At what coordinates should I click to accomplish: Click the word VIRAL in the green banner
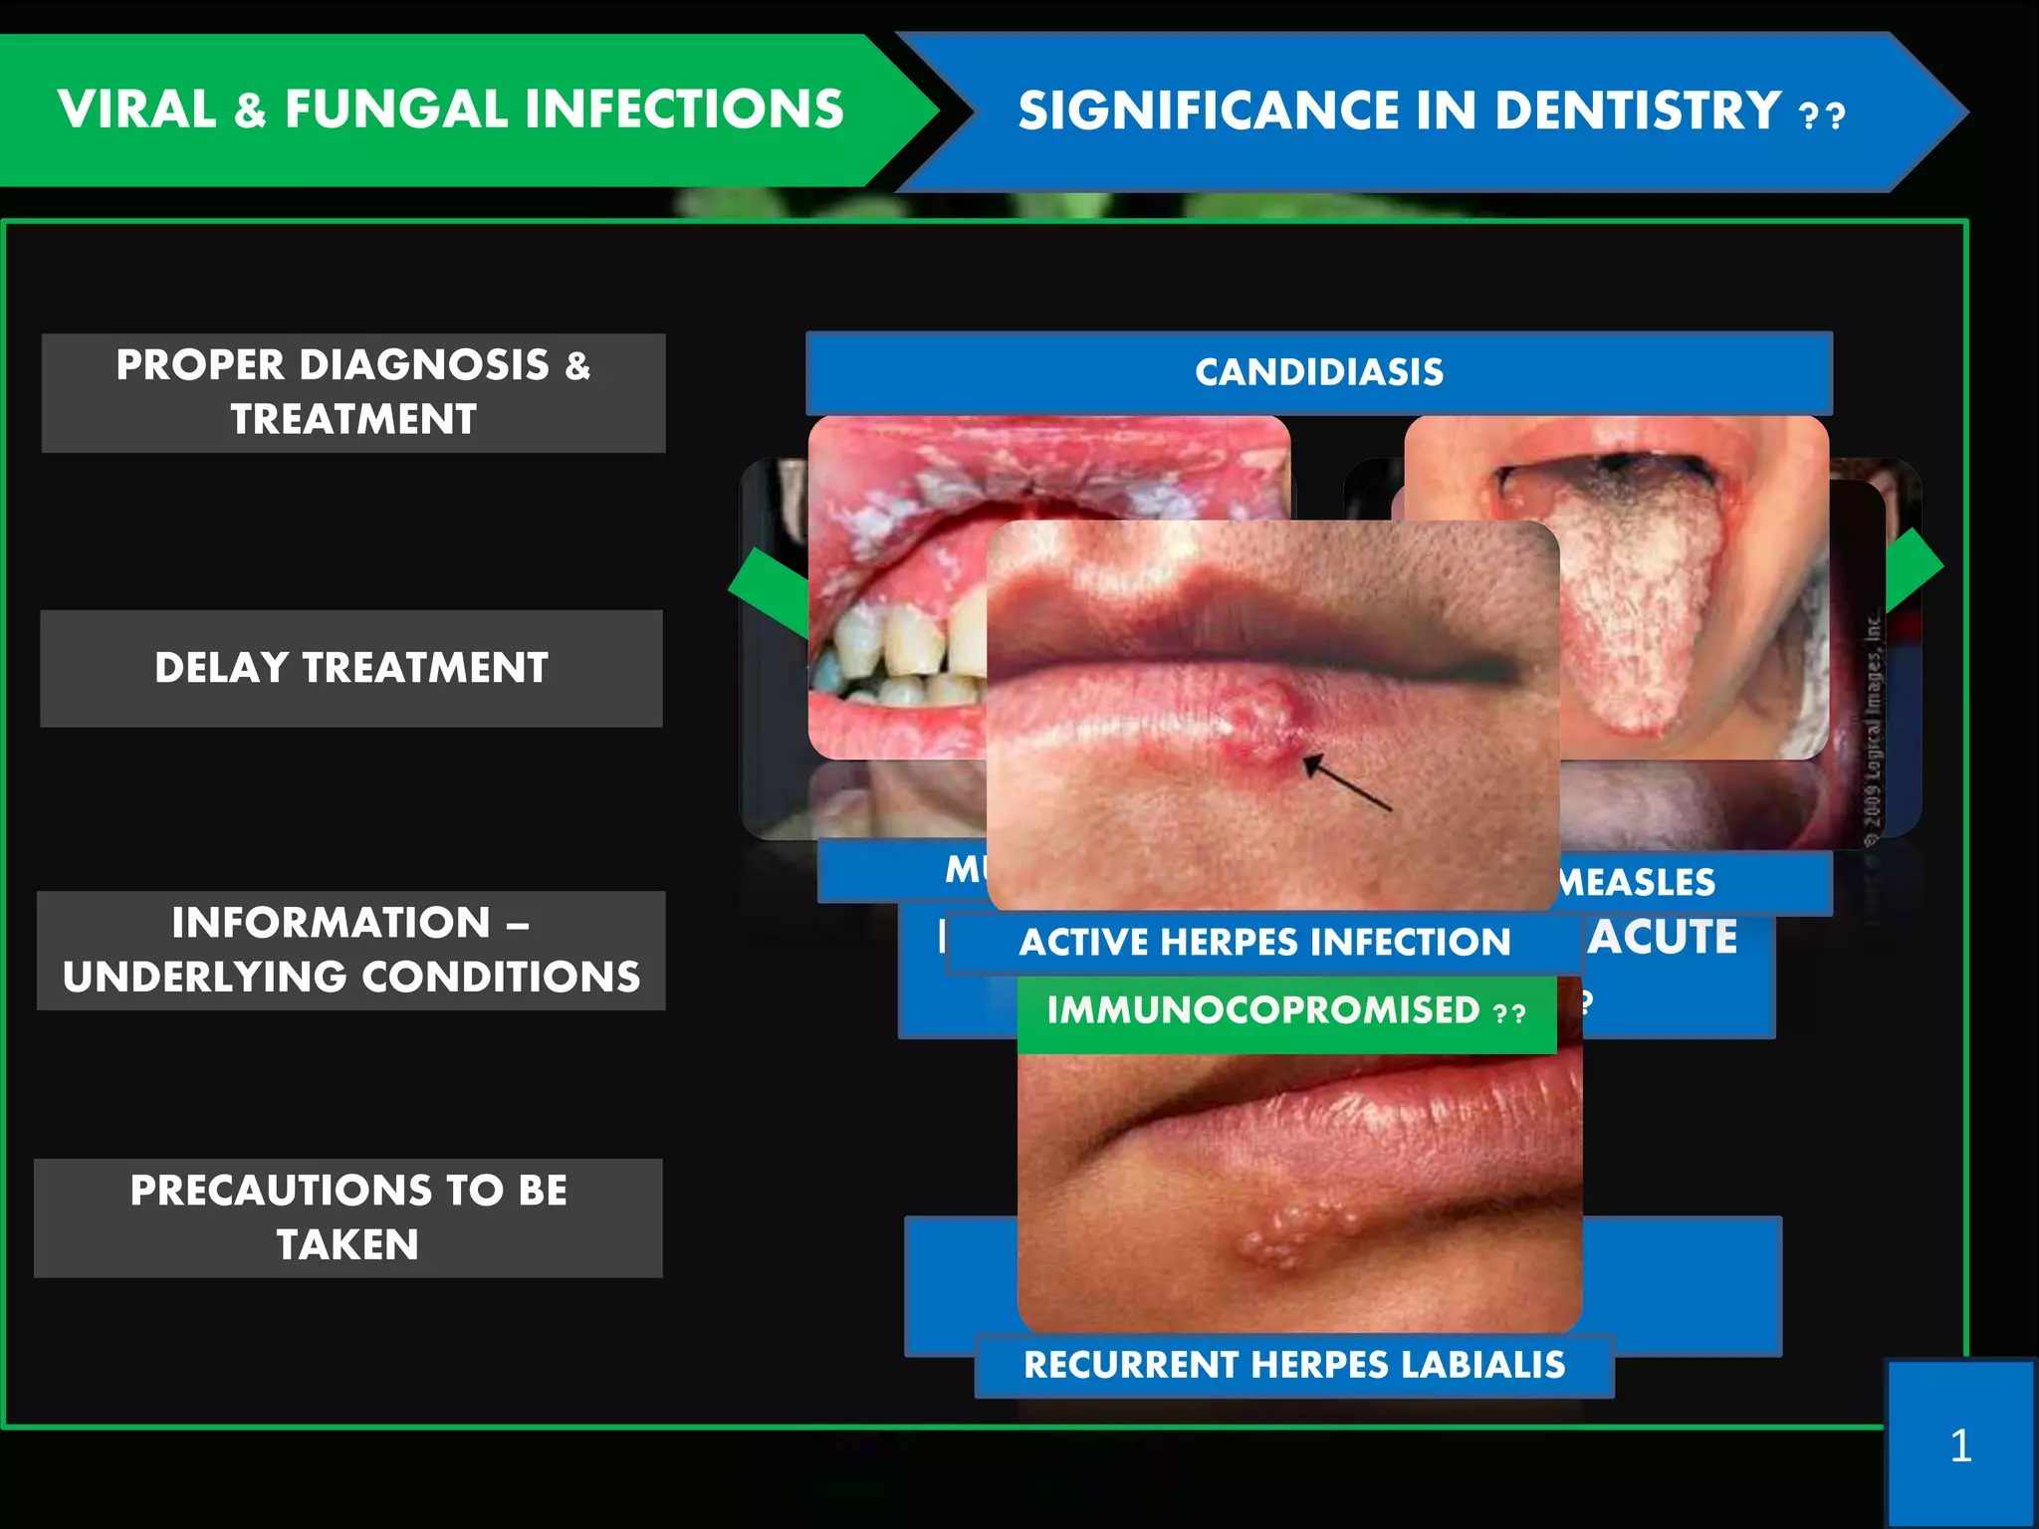click(137, 109)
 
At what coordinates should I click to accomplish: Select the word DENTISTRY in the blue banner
click(1638, 110)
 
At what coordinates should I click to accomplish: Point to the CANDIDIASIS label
click(1318, 372)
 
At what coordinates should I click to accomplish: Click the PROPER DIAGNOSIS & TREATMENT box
click(353, 392)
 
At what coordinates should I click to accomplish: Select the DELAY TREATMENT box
click(351, 668)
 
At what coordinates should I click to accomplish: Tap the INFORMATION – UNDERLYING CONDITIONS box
click(351, 950)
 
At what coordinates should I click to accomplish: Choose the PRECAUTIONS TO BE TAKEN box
click(348, 1217)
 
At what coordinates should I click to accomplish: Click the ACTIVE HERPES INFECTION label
click(1263, 942)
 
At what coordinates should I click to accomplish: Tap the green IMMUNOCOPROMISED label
click(1285, 1012)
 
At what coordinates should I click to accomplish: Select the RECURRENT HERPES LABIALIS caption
click(1293, 1365)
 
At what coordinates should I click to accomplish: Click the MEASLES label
click(1638, 882)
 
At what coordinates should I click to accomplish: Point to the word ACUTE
click(1663, 938)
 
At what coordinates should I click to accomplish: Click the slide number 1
click(1960, 1445)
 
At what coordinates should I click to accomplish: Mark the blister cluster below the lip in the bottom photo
click(1294, 1234)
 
